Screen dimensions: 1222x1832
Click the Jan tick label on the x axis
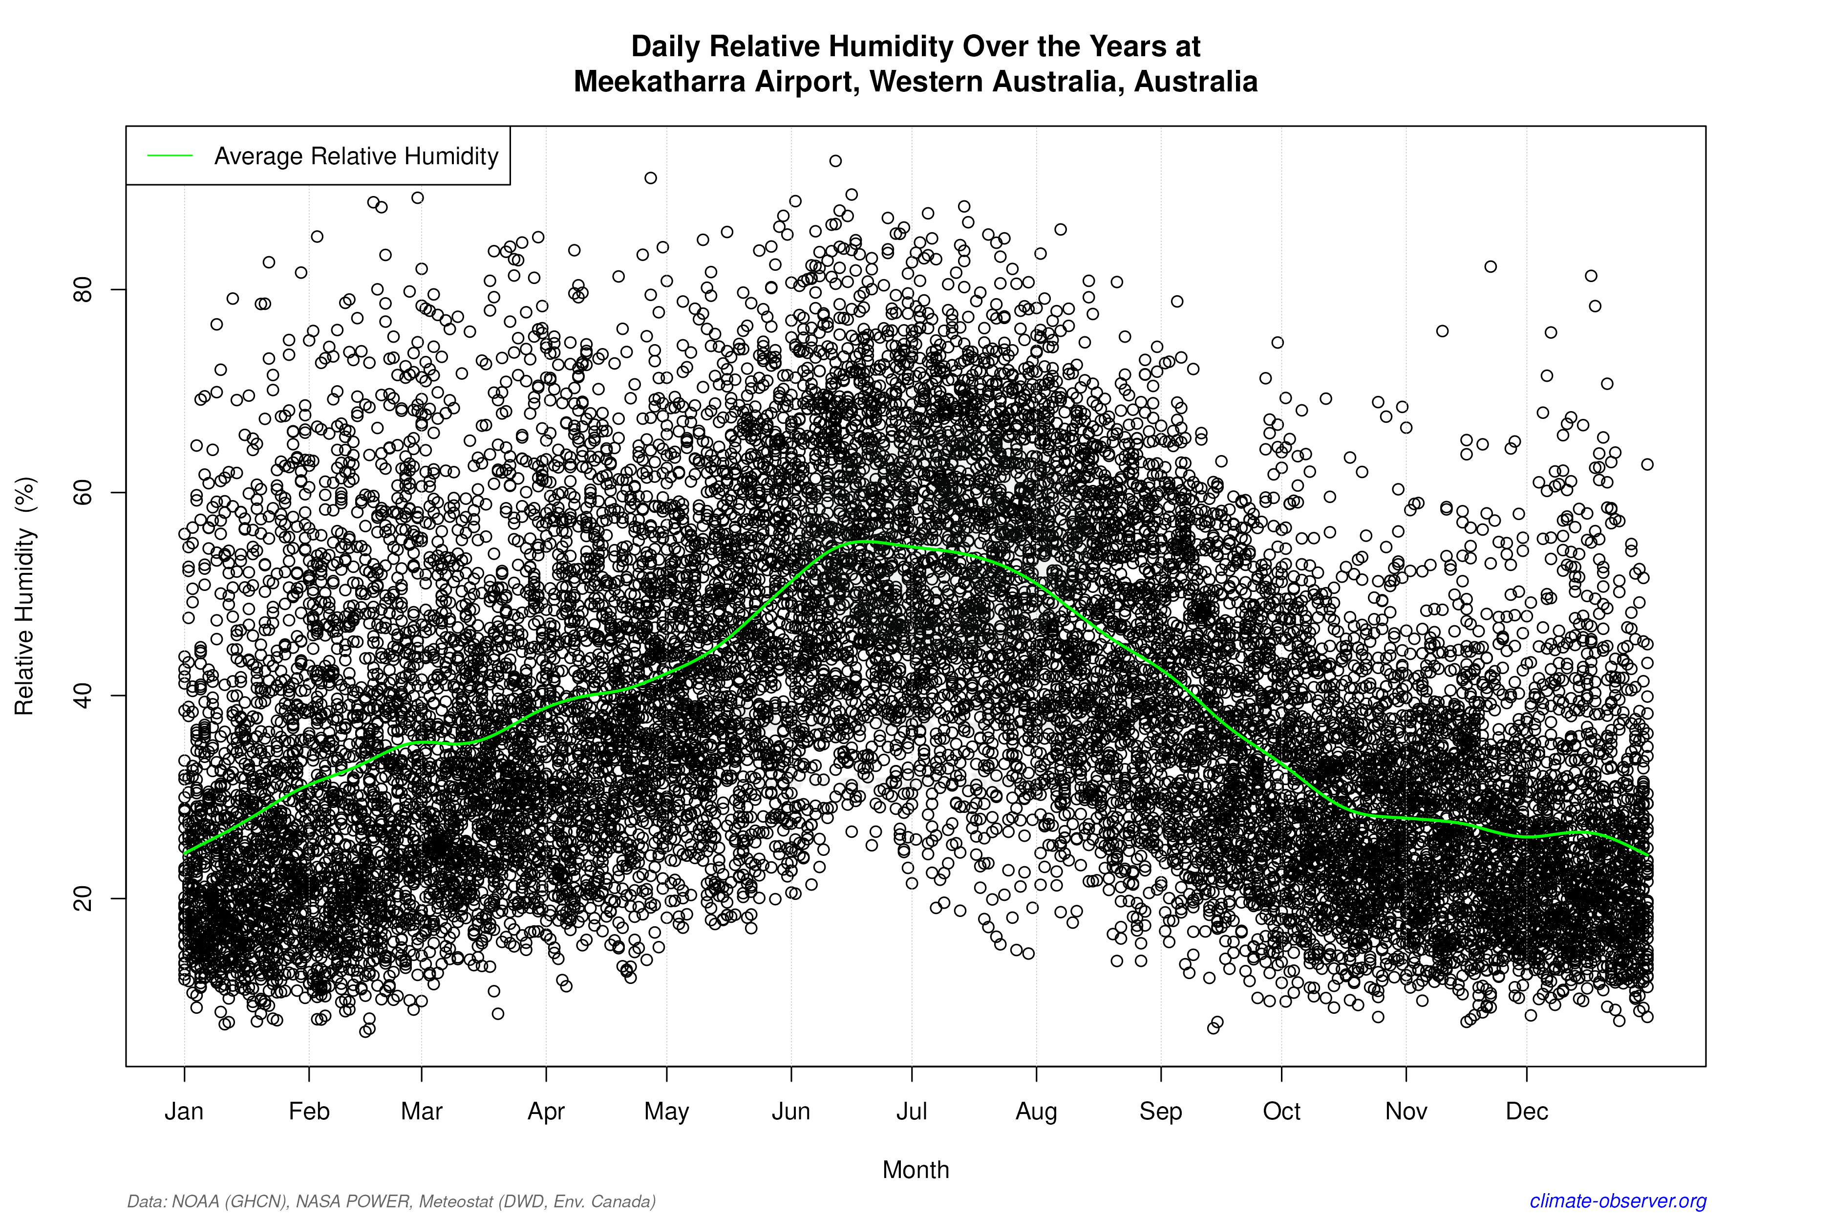(184, 1112)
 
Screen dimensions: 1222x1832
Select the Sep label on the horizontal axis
(1161, 1112)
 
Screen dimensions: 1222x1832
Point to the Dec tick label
(1527, 1112)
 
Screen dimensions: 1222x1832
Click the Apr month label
(546, 1112)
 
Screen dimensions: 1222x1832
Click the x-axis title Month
(916, 1170)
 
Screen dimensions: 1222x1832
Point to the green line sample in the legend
(170, 156)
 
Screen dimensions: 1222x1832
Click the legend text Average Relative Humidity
(356, 156)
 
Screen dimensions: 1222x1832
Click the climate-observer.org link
(1618, 1201)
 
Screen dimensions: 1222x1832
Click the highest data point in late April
(650, 178)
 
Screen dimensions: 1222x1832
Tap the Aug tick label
(1036, 1112)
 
